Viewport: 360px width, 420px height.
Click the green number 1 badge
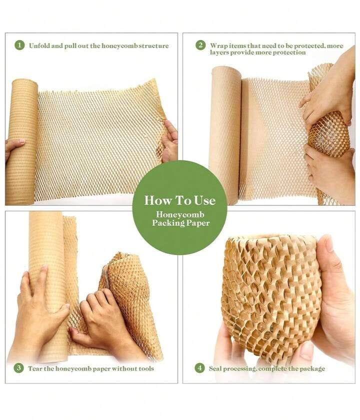click(x=19, y=45)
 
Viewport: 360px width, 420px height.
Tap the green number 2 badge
click(x=200, y=45)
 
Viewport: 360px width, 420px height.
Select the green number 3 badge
click(x=18, y=368)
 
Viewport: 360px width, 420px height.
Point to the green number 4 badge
click(x=199, y=368)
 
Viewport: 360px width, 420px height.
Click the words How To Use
click(x=179, y=200)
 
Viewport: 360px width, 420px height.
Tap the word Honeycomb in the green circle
click(x=180, y=214)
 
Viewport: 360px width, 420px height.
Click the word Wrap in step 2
click(x=218, y=45)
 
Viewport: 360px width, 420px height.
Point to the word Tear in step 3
click(x=35, y=368)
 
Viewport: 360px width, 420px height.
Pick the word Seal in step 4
click(x=215, y=368)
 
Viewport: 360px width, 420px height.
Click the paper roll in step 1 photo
click(x=21, y=142)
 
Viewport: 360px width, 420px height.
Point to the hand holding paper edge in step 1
click(x=170, y=141)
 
